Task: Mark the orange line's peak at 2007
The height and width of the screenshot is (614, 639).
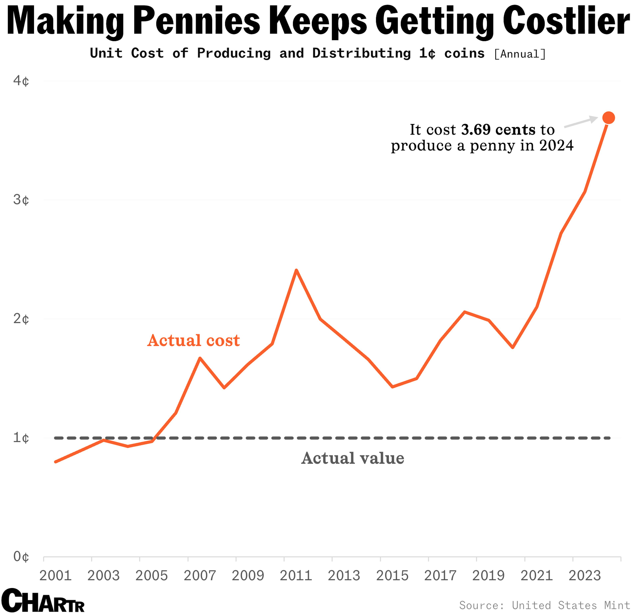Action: (x=200, y=358)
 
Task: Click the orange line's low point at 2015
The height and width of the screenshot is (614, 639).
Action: (x=393, y=387)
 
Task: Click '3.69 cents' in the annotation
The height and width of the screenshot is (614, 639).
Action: (x=498, y=130)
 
